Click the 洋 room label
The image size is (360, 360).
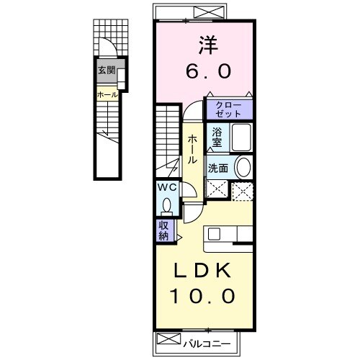coord(204,45)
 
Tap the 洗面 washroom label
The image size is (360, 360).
coord(220,167)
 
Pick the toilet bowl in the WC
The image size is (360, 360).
coord(167,206)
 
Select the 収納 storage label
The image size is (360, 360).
coord(165,230)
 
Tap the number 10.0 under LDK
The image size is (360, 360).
coord(203,295)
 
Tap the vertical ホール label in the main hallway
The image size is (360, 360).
coord(194,150)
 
